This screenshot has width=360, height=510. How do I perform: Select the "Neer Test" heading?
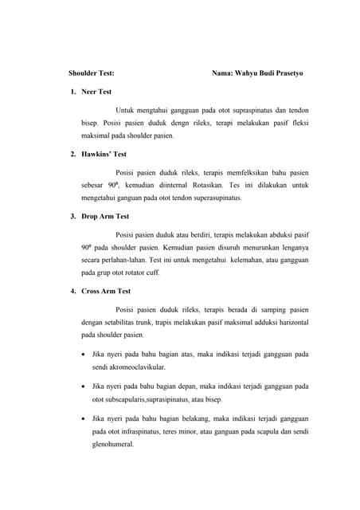coord(96,92)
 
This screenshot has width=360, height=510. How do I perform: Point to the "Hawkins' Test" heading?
coord(104,154)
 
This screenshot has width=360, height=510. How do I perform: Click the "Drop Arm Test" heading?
coord(105,216)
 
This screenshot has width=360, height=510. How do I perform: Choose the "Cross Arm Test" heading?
coord(107,291)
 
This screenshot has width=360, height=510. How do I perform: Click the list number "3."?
coord(73,216)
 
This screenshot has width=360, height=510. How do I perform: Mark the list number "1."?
coord(73,92)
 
